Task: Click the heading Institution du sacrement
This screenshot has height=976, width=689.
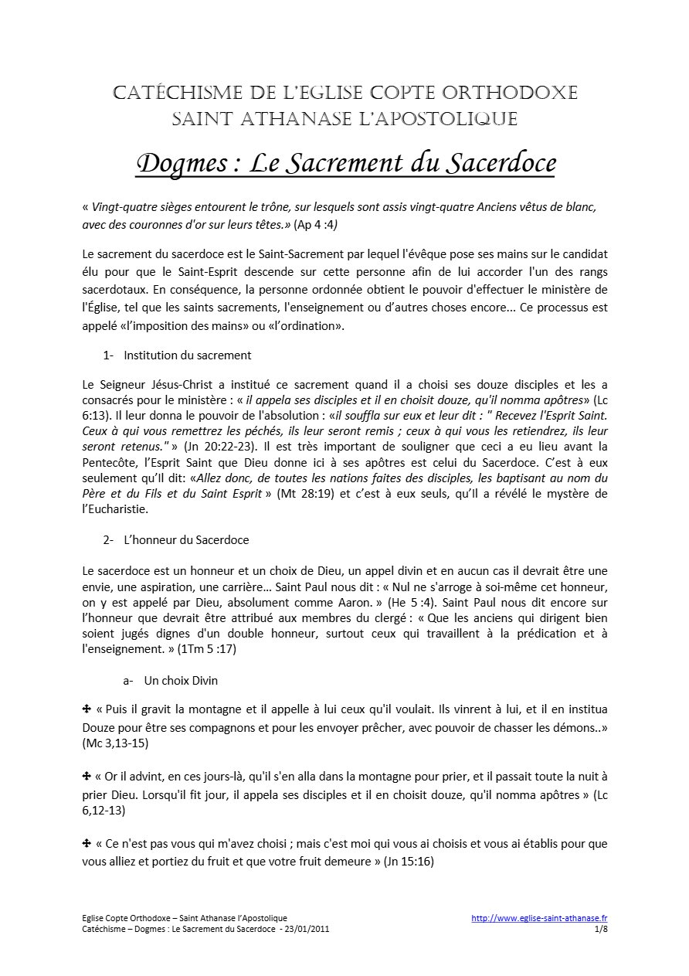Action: point(187,355)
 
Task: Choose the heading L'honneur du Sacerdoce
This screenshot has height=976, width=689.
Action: point(186,539)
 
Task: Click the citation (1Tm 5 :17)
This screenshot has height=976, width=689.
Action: point(207,649)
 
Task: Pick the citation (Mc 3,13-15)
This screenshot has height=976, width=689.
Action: point(115,743)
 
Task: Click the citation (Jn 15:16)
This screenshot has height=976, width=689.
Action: point(409,860)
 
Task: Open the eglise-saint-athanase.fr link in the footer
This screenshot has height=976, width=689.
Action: point(539,918)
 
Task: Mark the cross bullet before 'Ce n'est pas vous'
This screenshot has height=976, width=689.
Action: point(87,843)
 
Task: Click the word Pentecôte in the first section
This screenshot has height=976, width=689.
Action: point(110,463)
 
